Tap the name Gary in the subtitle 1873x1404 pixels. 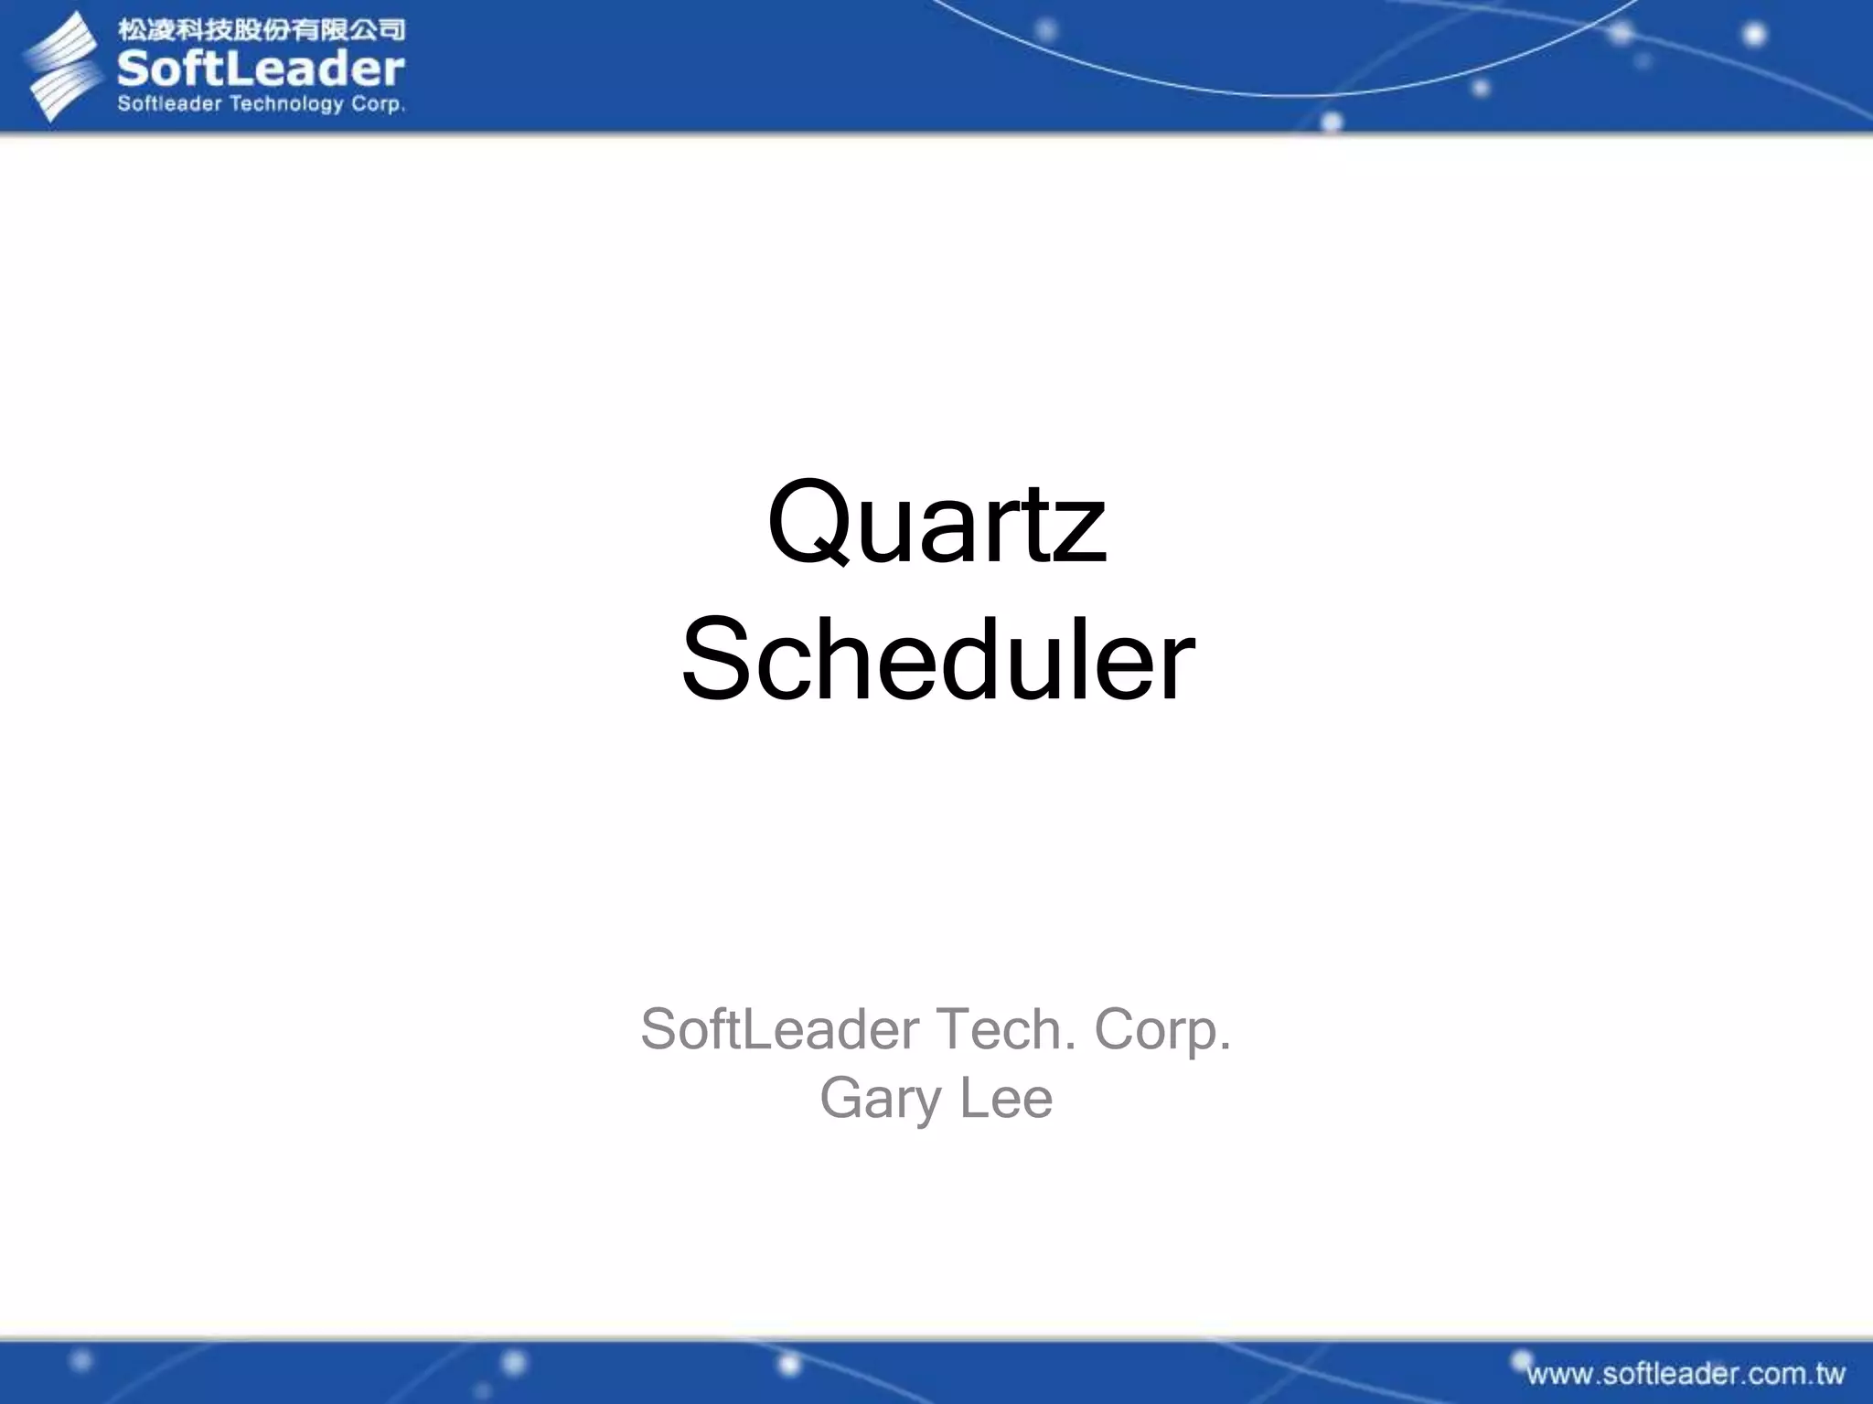(x=879, y=1099)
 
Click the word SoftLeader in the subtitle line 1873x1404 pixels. (x=779, y=1029)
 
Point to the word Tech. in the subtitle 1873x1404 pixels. (x=1005, y=1029)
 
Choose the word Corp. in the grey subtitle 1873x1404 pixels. (x=1162, y=1031)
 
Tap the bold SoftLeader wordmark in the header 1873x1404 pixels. (x=261, y=69)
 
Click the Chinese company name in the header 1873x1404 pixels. (x=261, y=29)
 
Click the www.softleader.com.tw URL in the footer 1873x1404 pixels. (x=1685, y=1374)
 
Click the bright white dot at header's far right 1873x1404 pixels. (x=1754, y=35)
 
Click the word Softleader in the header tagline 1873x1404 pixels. (x=169, y=104)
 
